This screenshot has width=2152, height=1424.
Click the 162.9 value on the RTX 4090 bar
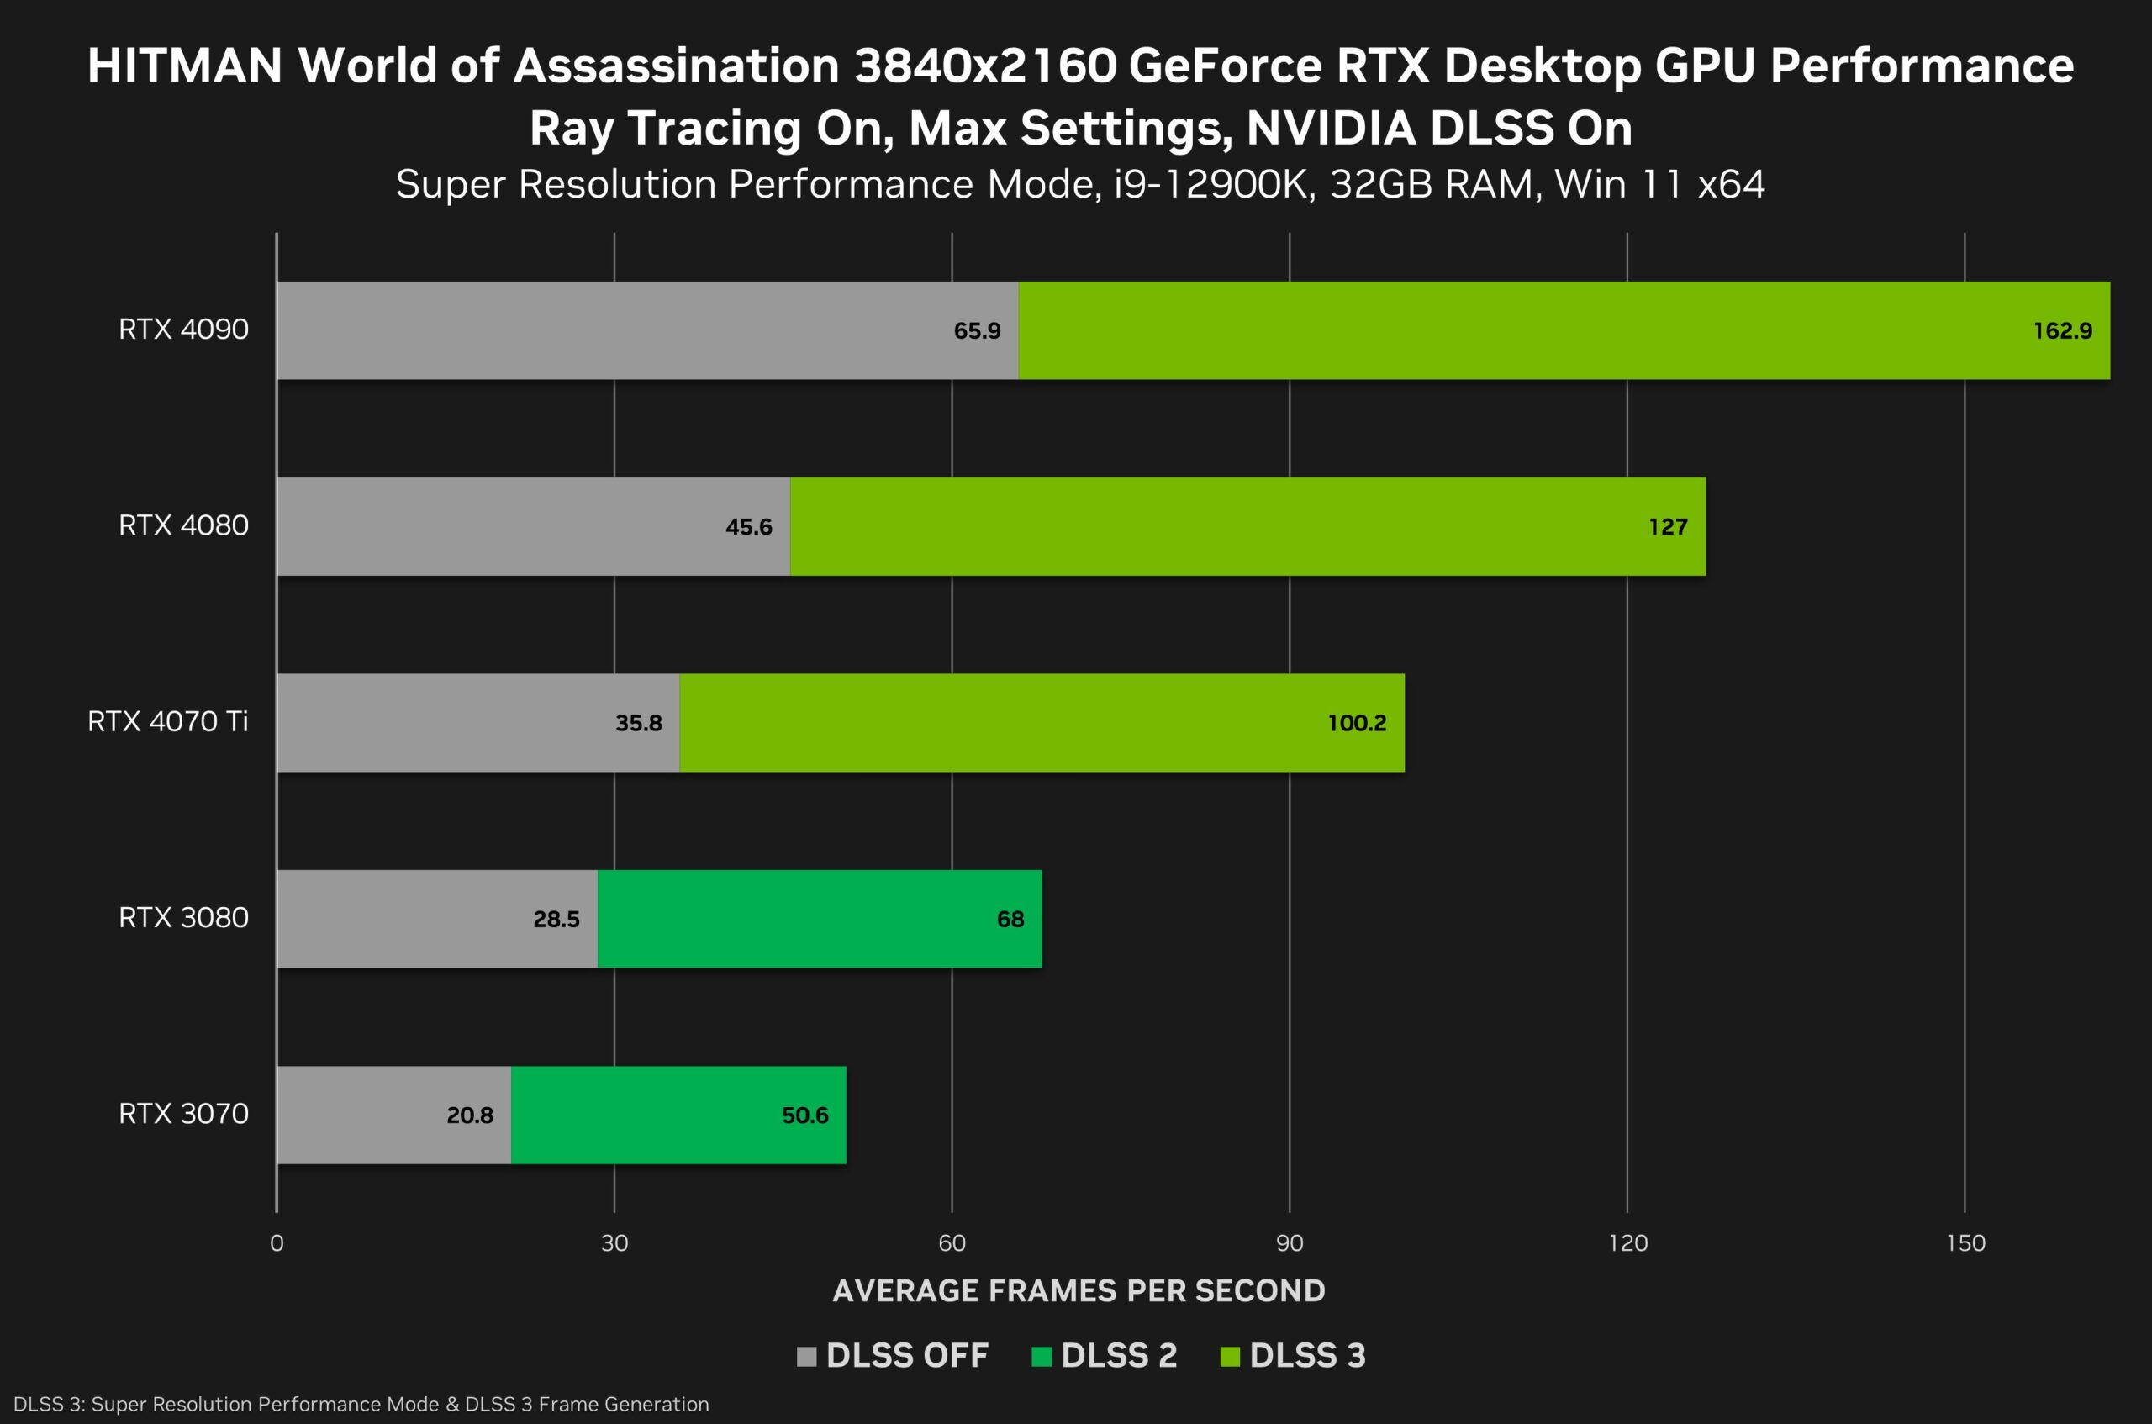click(2062, 330)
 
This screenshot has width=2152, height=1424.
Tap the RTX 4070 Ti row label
click(167, 722)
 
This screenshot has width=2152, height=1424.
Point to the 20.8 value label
click(469, 1115)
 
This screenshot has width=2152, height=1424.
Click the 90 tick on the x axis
click(1290, 1243)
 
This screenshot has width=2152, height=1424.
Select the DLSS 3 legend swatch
click(1230, 1357)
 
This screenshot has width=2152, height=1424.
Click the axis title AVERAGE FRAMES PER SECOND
click(1079, 1290)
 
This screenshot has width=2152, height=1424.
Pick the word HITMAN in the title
click(184, 66)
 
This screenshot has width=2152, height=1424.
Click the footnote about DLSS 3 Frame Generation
click(361, 1404)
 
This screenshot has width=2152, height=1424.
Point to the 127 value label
click(1668, 527)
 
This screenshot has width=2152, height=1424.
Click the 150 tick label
click(1965, 1243)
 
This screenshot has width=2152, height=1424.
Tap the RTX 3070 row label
click(183, 1115)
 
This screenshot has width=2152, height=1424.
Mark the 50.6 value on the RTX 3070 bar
click(804, 1115)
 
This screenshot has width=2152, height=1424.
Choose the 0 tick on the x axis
click(277, 1243)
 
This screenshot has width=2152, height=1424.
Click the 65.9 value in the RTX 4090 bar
click(976, 330)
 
